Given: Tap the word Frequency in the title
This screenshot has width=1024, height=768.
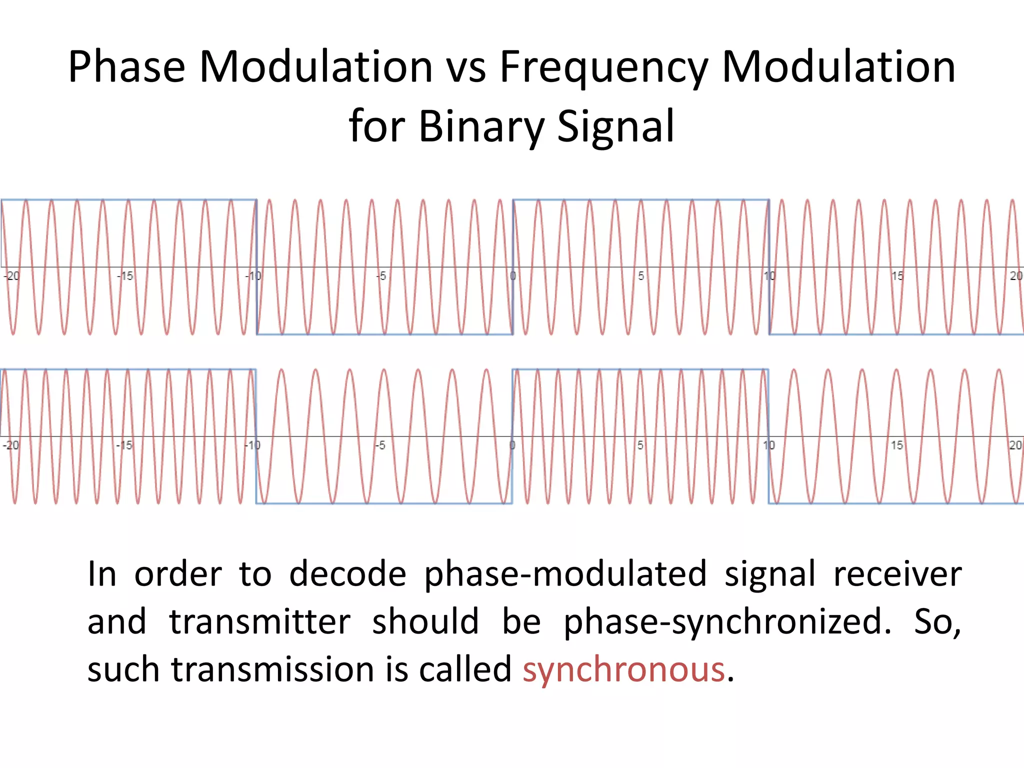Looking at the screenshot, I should point(604,67).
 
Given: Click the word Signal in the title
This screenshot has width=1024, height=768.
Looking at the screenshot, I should point(615,126).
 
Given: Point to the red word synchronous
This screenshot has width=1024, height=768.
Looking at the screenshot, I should point(623,669).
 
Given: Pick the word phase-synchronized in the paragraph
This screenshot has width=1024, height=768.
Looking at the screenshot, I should point(727,622).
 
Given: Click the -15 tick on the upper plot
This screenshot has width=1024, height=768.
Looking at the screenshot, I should point(125,275).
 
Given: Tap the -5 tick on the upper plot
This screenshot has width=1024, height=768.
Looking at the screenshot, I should point(381,275).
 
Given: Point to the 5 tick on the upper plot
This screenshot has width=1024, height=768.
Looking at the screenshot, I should point(641,275).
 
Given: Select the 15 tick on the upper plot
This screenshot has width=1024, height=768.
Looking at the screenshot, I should point(897,275).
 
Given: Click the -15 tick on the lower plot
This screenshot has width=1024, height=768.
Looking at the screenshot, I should point(124,445).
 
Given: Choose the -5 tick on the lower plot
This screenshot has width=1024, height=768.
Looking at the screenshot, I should point(381,445).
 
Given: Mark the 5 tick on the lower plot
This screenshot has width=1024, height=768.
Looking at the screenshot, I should point(640,445).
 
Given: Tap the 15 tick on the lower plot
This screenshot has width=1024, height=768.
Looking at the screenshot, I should point(897,445).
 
